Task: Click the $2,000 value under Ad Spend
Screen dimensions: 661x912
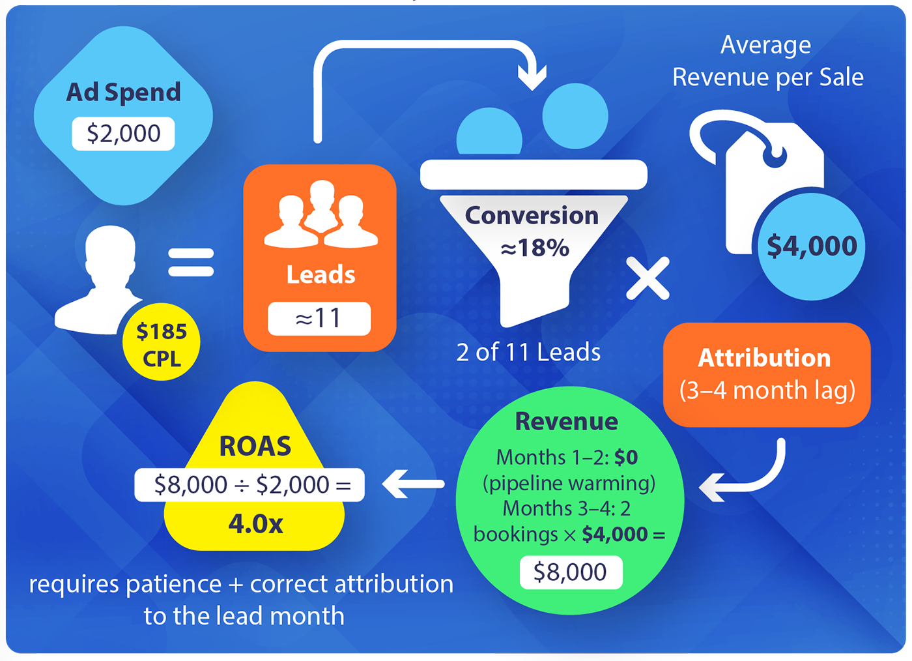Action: (x=123, y=134)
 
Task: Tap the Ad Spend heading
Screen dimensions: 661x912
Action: (x=123, y=93)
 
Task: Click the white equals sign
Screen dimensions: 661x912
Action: (x=191, y=263)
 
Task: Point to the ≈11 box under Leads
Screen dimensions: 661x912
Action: (x=319, y=318)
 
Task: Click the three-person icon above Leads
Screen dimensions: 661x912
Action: (x=321, y=215)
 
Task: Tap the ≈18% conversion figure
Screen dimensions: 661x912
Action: (x=534, y=248)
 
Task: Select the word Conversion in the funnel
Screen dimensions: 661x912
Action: (x=532, y=216)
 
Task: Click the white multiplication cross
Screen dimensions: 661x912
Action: (x=648, y=278)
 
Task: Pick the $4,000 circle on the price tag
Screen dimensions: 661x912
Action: (x=812, y=246)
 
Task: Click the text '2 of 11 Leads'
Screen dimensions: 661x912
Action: (x=528, y=353)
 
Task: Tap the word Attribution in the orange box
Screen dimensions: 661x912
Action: (x=764, y=358)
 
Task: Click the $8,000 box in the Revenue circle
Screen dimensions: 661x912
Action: (x=571, y=572)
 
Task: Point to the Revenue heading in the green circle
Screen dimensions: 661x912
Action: (x=566, y=422)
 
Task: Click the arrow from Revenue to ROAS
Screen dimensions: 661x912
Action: (x=413, y=484)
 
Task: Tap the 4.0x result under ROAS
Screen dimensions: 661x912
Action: (x=255, y=523)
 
